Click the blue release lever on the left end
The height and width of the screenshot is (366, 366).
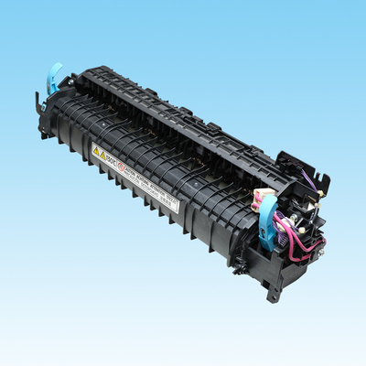53,77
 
